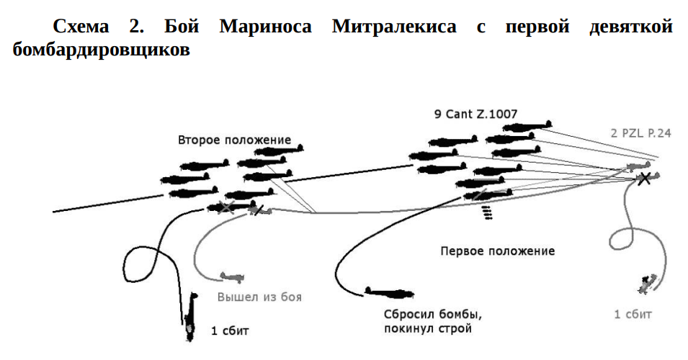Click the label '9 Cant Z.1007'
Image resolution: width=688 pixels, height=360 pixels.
[x=475, y=113]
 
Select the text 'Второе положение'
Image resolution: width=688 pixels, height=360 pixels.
[x=234, y=140]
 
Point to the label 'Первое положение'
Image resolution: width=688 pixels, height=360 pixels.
[x=497, y=251]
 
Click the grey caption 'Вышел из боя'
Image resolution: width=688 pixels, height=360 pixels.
[x=259, y=297]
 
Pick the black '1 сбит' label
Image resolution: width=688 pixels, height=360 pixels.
[x=230, y=331]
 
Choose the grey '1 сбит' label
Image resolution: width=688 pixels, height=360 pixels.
[x=633, y=314]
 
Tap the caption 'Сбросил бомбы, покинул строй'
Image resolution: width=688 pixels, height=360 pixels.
[x=432, y=322]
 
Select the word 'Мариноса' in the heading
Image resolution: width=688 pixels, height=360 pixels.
[x=266, y=27]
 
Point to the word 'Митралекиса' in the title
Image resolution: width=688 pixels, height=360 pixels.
[x=394, y=27]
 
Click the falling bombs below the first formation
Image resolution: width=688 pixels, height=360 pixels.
[x=487, y=212]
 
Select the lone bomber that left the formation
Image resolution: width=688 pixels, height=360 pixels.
[x=389, y=292]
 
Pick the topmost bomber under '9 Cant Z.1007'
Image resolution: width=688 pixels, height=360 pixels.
[x=528, y=127]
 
